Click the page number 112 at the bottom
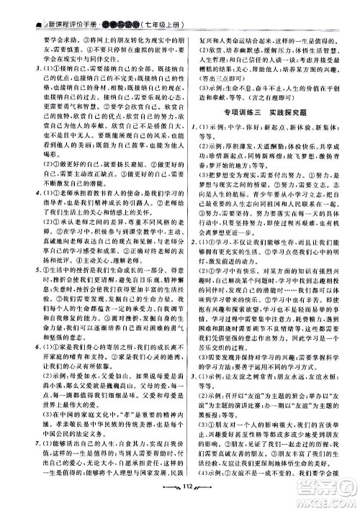180,502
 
